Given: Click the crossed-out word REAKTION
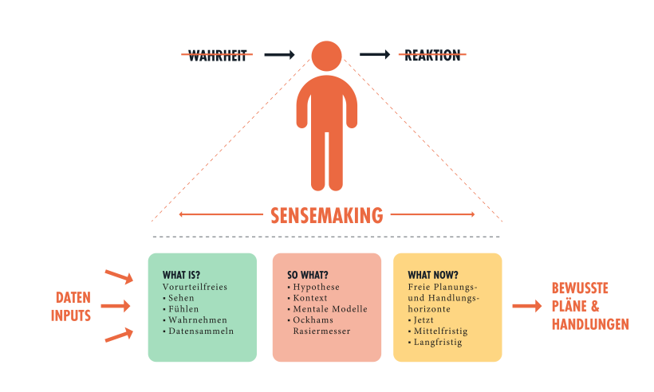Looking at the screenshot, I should point(431,56).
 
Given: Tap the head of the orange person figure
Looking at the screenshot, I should point(327,55).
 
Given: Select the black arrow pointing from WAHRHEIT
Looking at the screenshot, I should point(280,55).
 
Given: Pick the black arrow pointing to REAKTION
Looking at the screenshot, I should point(375,55).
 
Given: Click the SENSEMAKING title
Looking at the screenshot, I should point(326,215).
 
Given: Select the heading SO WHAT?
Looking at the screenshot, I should point(307,275).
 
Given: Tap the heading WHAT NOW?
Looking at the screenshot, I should point(432,275).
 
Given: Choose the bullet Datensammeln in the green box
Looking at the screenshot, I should point(200,331).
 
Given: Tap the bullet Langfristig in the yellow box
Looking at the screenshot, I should point(436,343).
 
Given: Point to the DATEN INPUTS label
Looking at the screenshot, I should point(71,306).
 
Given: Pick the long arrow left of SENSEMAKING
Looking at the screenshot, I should point(220,214).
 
